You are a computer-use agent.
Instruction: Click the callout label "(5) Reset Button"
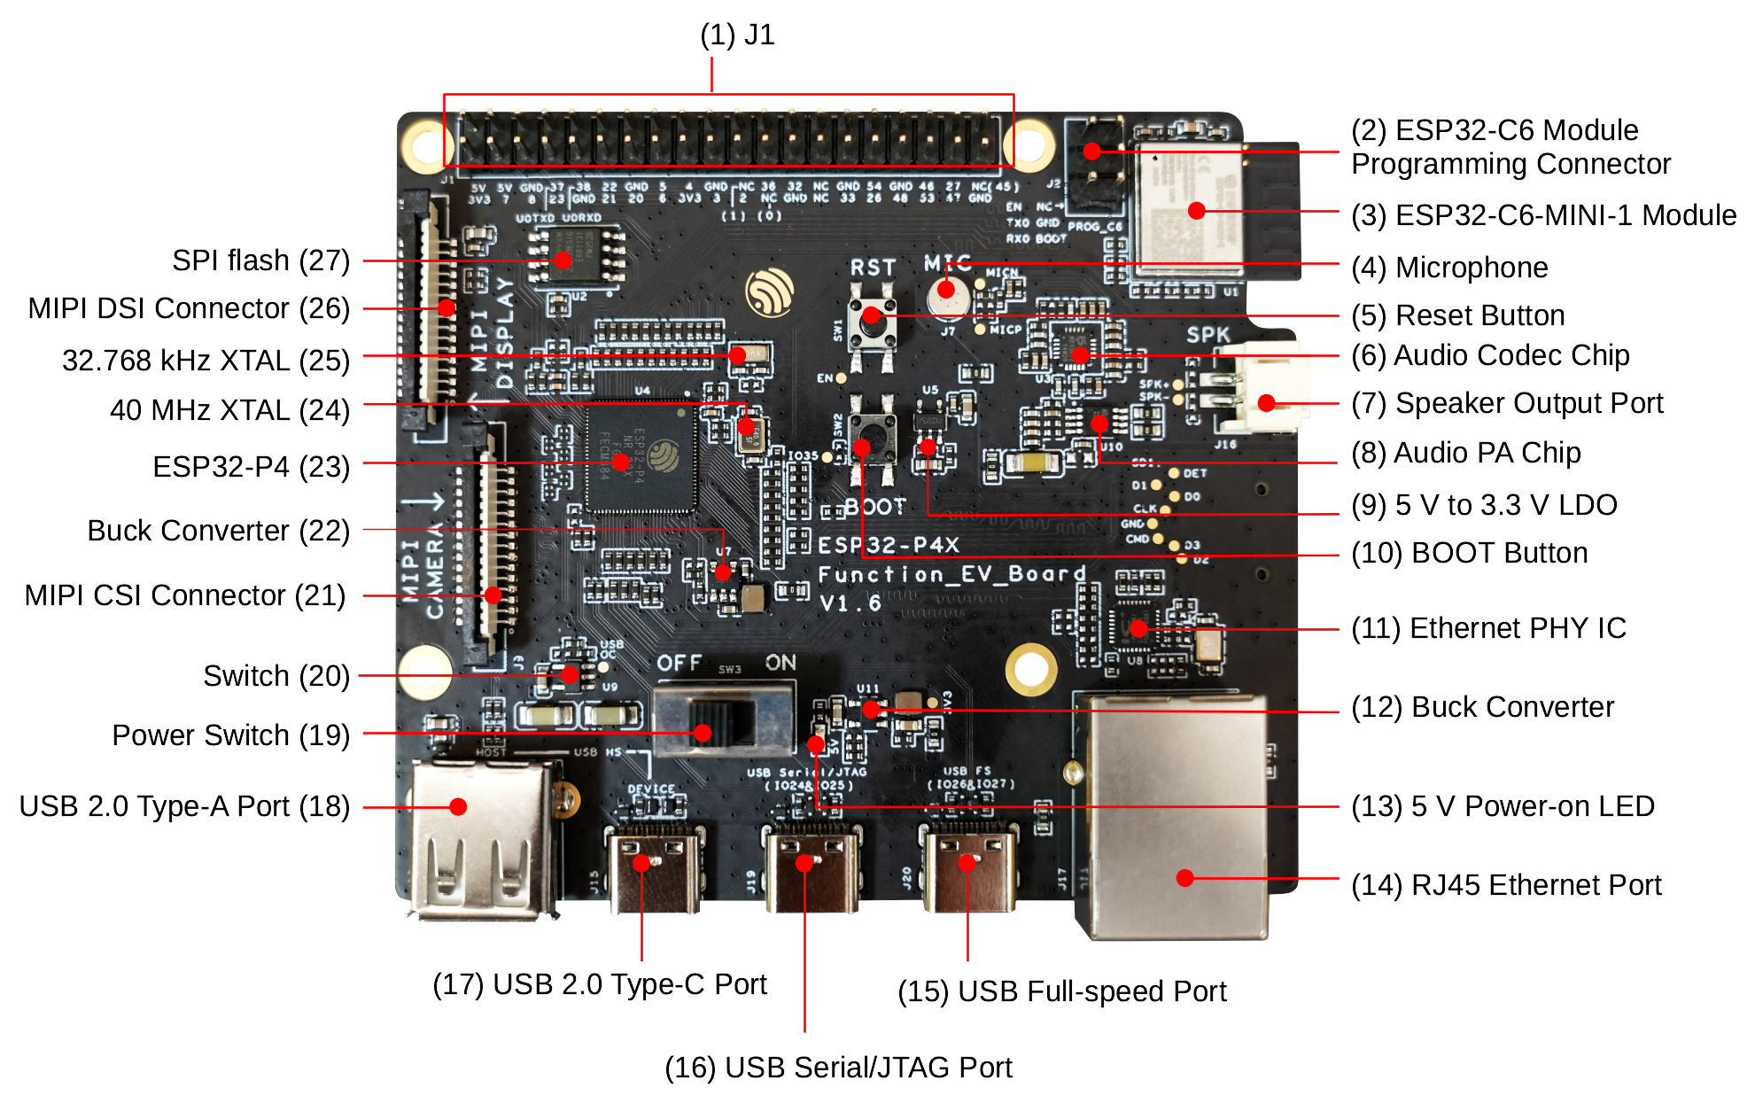[x=1458, y=315]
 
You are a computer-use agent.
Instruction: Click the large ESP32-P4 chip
[x=641, y=456]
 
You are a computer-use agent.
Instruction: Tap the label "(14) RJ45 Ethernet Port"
[x=1507, y=884]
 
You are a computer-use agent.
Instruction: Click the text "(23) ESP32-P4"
[x=251, y=466]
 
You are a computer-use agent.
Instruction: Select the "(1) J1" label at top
[x=737, y=35]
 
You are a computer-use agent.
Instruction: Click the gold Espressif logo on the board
[x=769, y=291]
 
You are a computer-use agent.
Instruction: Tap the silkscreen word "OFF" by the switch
[x=679, y=663]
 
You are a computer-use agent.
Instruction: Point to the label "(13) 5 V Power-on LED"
[x=1503, y=806]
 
